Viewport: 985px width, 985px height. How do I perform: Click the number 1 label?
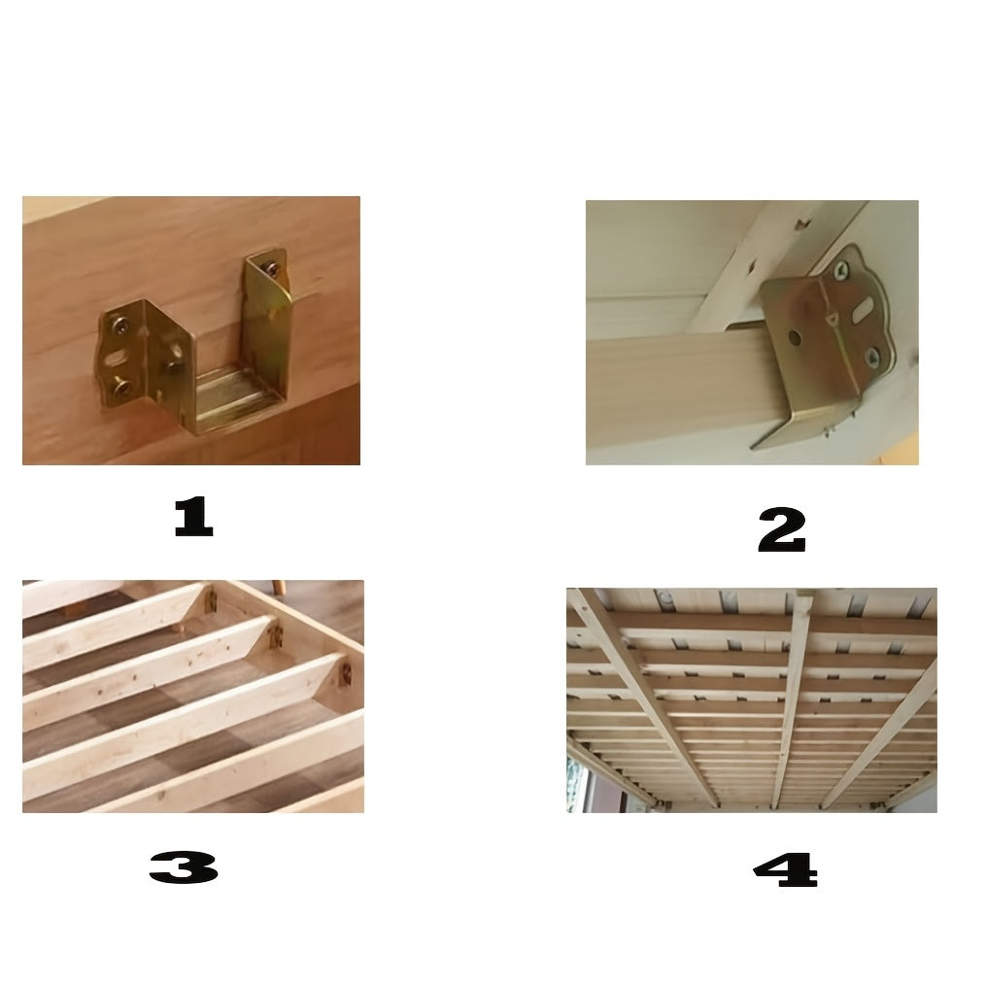193,517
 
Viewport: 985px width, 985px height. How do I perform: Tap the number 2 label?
781,529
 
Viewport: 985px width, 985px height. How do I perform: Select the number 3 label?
184,867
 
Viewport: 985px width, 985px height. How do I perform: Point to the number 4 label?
785,870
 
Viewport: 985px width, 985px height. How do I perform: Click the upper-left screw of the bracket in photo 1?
119,324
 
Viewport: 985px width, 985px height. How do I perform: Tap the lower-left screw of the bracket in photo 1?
120,388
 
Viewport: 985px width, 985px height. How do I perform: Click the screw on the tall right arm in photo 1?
272,269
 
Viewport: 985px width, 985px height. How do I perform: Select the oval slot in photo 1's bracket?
116,358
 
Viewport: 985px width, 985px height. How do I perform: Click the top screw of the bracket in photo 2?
841,270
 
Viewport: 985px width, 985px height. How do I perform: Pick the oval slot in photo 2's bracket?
864,309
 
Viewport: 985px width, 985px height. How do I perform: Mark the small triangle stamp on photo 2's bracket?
831,323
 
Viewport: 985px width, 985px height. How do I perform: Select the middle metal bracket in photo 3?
277,638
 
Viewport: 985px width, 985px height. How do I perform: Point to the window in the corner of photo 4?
579,784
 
